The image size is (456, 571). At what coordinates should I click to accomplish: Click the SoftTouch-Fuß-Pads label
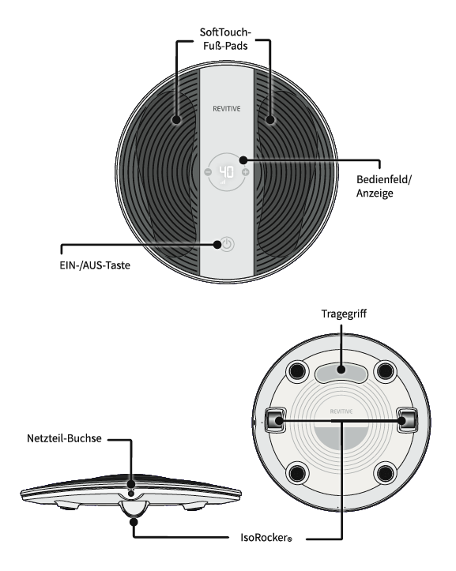tap(226, 39)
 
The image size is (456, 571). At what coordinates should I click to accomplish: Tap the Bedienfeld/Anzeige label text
tap(383, 186)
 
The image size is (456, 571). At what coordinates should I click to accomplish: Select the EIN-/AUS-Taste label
tap(95, 265)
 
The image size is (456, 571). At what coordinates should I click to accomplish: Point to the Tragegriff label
tap(344, 314)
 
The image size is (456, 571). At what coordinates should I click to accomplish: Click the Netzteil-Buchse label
tap(64, 438)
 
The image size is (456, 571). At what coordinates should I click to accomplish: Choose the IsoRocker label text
tap(266, 538)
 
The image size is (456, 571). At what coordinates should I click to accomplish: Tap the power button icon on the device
tap(228, 244)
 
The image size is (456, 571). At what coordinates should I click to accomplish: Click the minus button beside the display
tap(208, 172)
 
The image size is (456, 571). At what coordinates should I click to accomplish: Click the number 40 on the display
tap(226, 171)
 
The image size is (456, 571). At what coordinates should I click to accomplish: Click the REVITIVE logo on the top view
tap(226, 108)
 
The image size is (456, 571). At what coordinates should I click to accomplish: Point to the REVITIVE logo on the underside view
tap(341, 411)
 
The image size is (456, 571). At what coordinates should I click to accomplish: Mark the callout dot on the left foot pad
tap(177, 119)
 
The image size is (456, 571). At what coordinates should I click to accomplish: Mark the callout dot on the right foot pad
tap(270, 119)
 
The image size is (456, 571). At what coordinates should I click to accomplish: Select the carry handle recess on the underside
tap(341, 373)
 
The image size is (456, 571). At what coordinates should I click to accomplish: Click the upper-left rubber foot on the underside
tap(297, 371)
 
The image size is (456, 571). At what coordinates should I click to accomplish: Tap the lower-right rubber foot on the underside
tap(385, 473)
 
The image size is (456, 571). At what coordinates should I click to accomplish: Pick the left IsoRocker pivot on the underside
tap(275, 420)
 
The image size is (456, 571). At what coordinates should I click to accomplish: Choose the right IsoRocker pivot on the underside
tap(407, 420)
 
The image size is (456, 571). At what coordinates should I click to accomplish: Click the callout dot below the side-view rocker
tap(134, 522)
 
